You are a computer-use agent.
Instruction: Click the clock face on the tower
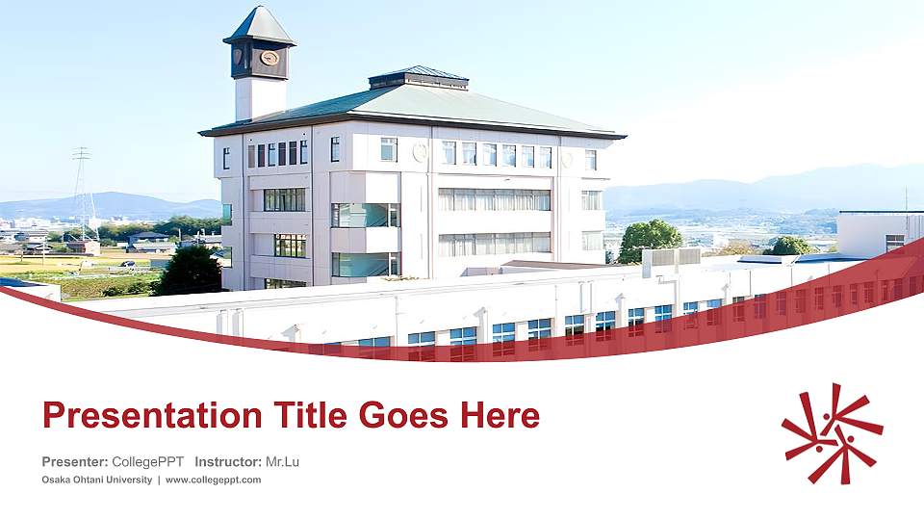269,58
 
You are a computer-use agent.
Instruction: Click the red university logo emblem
833,432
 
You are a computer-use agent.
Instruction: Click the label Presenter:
75,462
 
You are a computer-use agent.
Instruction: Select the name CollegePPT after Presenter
147,462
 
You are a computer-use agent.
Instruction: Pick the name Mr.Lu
282,462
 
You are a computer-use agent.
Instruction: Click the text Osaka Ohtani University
96,480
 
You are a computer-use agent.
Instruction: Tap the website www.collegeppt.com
213,480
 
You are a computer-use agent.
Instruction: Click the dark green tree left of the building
189,271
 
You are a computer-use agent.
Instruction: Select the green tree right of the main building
650,240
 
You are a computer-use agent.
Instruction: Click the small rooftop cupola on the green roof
419,78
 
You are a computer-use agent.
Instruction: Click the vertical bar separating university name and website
159,480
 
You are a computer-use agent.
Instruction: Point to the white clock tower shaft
259,98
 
